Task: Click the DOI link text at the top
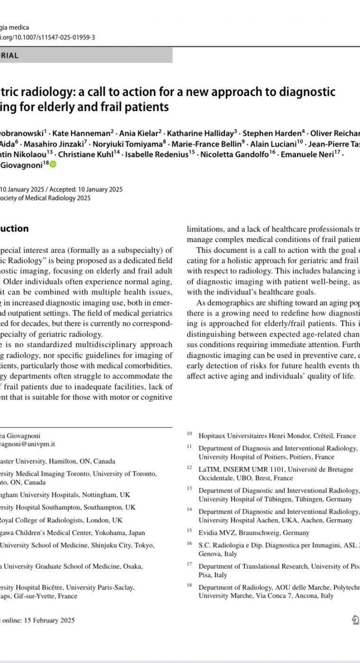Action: (47, 37)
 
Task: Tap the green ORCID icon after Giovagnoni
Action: (53, 164)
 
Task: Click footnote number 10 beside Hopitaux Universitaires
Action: (189, 434)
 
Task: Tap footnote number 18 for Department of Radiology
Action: (189, 586)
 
